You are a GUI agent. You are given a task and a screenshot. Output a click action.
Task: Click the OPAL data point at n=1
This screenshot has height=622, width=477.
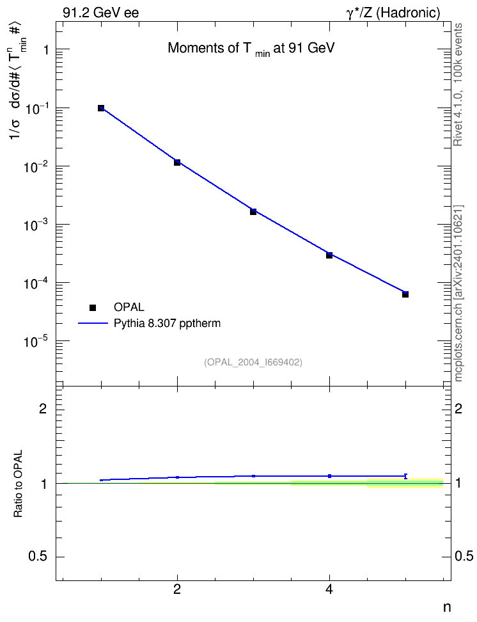pyautogui.click(x=101, y=108)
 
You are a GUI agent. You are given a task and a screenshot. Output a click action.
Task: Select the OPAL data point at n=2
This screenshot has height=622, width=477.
pyautogui.click(x=177, y=163)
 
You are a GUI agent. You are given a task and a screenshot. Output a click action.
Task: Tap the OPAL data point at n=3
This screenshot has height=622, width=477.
pyautogui.click(x=253, y=212)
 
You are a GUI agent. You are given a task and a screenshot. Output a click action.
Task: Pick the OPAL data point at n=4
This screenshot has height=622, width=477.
pyautogui.click(x=329, y=255)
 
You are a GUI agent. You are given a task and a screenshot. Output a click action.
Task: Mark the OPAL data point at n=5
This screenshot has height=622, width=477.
pyautogui.click(x=405, y=294)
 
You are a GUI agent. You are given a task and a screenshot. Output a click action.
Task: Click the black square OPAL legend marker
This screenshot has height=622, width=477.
pyautogui.click(x=93, y=307)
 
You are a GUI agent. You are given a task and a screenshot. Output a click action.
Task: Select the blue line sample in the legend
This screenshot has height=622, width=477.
pyautogui.click(x=93, y=323)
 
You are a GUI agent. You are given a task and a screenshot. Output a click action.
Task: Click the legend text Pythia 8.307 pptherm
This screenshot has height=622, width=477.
pyautogui.click(x=167, y=324)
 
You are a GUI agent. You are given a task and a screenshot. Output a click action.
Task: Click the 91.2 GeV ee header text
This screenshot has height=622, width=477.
pyautogui.click(x=101, y=13)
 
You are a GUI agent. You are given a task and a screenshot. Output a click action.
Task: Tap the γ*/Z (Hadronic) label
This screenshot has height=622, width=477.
pyautogui.click(x=393, y=13)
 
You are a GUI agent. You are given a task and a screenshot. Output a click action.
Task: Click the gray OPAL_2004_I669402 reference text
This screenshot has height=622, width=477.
pyautogui.click(x=253, y=362)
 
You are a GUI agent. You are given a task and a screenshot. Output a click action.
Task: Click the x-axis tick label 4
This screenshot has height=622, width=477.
pyautogui.click(x=329, y=589)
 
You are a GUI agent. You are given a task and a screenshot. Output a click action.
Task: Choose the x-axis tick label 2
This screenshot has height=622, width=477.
pyautogui.click(x=177, y=589)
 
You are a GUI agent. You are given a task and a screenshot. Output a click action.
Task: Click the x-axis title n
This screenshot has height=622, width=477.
pyautogui.click(x=447, y=607)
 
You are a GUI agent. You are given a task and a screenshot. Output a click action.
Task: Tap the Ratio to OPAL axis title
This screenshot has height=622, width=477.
pyautogui.click(x=18, y=484)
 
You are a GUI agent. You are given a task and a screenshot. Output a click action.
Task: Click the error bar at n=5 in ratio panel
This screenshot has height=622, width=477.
pyautogui.click(x=405, y=476)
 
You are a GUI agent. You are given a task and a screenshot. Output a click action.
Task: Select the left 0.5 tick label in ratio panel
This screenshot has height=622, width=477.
pyautogui.click(x=38, y=557)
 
